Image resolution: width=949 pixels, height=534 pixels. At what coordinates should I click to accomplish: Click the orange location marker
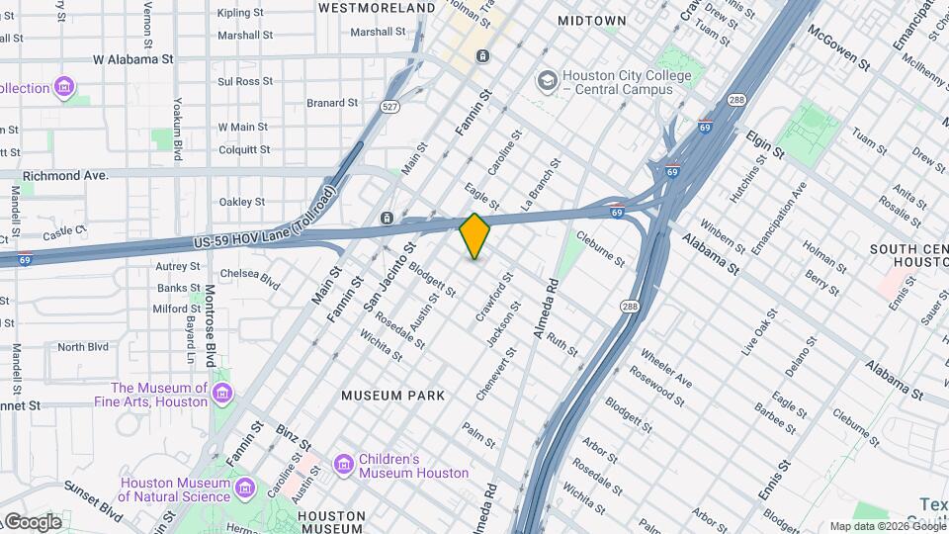pyautogui.click(x=474, y=235)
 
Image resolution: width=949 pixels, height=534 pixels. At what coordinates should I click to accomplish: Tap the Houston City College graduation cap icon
pyautogui.click(x=546, y=80)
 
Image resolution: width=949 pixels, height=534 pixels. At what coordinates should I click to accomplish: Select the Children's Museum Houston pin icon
pyautogui.click(x=343, y=464)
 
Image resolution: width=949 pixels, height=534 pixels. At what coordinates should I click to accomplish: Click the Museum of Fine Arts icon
pyautogui.click(x=223, y=397)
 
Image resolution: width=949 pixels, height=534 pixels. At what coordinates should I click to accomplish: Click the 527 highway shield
pyautogui.click(x=391, y=107)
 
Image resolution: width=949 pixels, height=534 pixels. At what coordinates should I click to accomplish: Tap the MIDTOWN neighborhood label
pyautogui.click(x=591, y=20)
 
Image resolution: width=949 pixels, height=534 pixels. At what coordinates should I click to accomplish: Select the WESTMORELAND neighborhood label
pyautogui.click(x=377, y=8)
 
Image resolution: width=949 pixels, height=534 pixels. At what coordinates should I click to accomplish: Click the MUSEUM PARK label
pyautogui.click(x=386, y=396)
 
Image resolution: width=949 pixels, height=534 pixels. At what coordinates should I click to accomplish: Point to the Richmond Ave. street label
pyautogui.click(x=64, y=175)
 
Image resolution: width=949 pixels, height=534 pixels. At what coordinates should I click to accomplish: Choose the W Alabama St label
pyautogui.click(x=133, y=59)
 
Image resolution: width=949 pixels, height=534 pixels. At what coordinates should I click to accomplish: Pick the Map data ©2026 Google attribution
pyautogui.click(x=888, y=526)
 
